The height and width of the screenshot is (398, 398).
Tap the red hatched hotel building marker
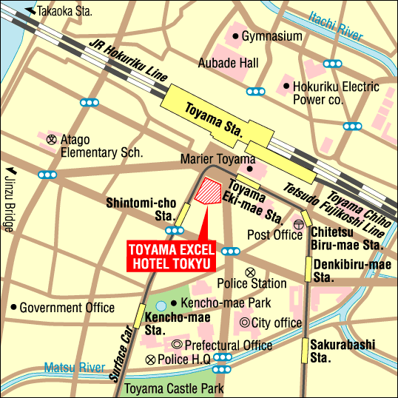pos(209,191)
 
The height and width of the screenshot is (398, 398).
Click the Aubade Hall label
pos(228,64)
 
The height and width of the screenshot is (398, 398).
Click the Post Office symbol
pos(299,224)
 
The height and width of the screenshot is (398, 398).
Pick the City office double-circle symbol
pos(245,323)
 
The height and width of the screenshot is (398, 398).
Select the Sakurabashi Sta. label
pos(341,351)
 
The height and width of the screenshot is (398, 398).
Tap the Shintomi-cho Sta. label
pos(141,209)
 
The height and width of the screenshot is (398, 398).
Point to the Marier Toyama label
pos(217,160)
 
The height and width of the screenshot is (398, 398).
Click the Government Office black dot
pos(13,307)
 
